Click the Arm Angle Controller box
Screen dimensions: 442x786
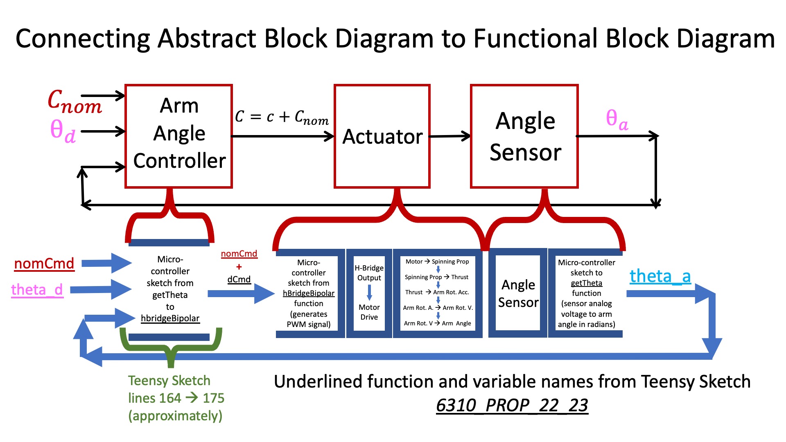coord(179,136)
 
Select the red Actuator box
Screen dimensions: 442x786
coord(382,136)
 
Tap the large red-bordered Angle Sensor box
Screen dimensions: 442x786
coord(524,136)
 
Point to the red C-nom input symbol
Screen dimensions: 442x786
coord(75,101)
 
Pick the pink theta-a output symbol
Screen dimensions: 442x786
coord(617,120)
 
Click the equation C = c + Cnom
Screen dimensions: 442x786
coord(282,117)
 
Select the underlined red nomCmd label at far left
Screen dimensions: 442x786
coord(44,264)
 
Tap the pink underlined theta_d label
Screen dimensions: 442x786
coord(37,290)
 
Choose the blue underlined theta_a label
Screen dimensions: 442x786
coord(660,276)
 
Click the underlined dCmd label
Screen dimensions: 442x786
coord(239,280)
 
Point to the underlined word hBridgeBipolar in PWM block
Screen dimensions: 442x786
coord(309,293)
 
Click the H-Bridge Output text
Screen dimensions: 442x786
coord(369,273)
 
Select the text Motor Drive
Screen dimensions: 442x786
coord(369,312)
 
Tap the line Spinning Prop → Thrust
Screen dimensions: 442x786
coord(436,277)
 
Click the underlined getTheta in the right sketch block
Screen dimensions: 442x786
coord(586,283)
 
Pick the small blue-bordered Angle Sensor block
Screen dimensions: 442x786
coord(518,293)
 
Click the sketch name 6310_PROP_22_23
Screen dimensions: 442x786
coord(512,406)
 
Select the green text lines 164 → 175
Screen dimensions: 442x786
coord(176,398)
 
